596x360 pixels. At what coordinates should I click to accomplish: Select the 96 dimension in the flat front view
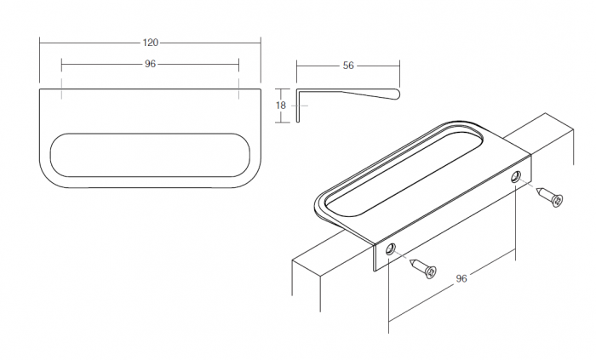150,64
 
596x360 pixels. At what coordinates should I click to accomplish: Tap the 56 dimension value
348,65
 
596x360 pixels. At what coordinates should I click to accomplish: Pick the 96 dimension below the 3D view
461,278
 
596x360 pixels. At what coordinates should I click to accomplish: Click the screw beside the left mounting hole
422,267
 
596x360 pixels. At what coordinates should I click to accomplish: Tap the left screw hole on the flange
390,250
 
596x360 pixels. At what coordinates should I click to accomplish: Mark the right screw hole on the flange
516,177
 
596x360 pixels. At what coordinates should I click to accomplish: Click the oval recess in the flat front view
150,155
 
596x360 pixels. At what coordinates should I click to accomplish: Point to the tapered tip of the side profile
393,94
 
